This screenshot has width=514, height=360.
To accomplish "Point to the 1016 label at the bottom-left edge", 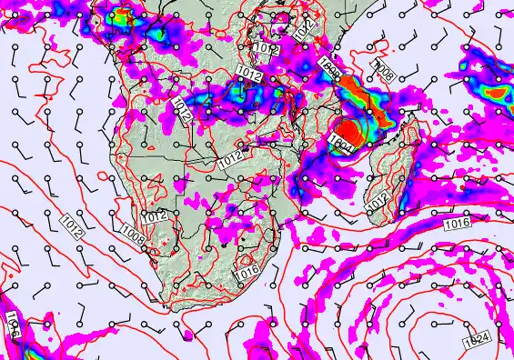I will (13, 326).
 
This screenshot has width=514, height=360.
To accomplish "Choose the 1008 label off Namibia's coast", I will (132, 239).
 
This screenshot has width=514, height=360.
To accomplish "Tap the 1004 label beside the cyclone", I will (342, 142).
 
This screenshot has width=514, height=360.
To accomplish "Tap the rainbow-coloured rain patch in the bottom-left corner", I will (27, 350).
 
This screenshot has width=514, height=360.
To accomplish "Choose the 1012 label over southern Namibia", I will (154, 216).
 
